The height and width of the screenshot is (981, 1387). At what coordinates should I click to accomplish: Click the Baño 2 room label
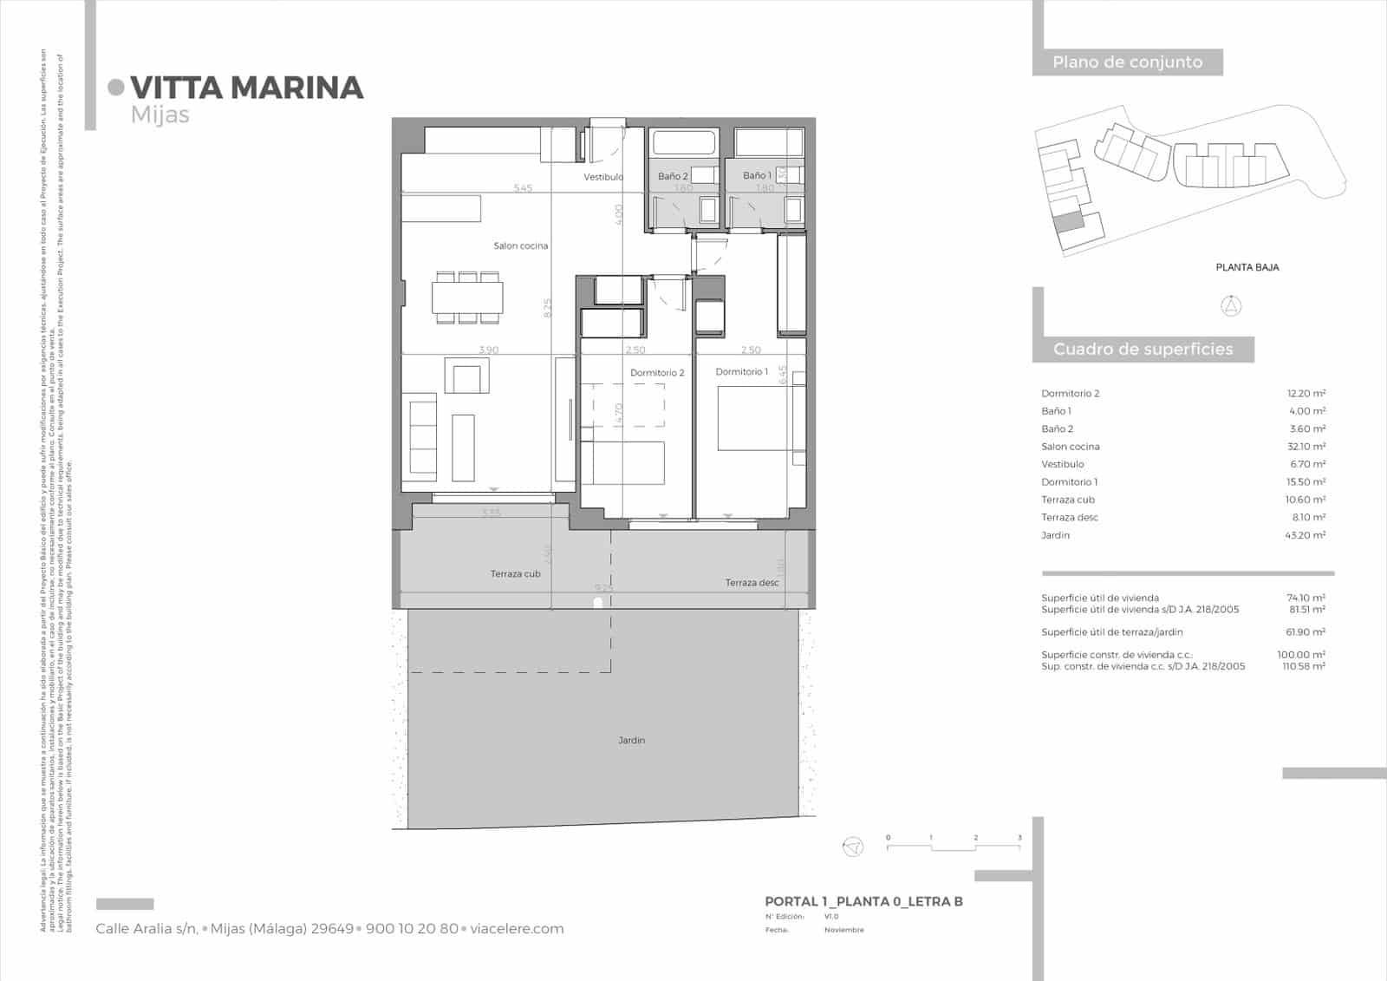point(672,176)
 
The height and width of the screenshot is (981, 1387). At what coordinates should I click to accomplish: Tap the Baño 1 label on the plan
point(757,175)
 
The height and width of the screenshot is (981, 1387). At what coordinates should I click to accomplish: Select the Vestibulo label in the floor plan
point(602,177)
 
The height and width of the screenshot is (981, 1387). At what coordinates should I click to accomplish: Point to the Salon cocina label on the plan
point(521,246)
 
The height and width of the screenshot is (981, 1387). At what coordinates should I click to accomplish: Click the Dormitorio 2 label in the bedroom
point(657,373)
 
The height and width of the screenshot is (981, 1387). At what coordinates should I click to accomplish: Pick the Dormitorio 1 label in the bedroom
point(741,372)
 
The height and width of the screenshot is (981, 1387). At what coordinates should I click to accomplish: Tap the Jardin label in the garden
point(632,740)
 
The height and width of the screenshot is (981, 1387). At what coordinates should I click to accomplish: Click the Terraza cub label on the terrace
point(515,574)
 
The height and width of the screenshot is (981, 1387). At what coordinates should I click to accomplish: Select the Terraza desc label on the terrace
point(752,583)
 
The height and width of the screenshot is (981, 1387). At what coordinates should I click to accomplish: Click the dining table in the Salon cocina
point(467,298)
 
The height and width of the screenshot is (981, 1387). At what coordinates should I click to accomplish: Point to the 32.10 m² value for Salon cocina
point(1306,447)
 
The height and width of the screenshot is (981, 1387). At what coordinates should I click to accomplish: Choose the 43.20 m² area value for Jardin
point(1305,535)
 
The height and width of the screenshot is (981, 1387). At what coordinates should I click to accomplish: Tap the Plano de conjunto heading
point(1127,62)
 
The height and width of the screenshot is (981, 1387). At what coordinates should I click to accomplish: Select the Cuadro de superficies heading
point(1143,350)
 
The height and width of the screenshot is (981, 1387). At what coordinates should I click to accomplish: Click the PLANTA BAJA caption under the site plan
point(1247,267)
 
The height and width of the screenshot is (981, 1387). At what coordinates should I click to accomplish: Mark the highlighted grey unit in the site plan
point(1068,221)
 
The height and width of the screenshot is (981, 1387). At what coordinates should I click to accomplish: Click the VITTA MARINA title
point(246,88)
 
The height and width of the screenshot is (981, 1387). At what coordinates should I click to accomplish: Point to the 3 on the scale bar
point(1019,838)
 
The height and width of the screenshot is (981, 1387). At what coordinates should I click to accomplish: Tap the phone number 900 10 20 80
point(412,929)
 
